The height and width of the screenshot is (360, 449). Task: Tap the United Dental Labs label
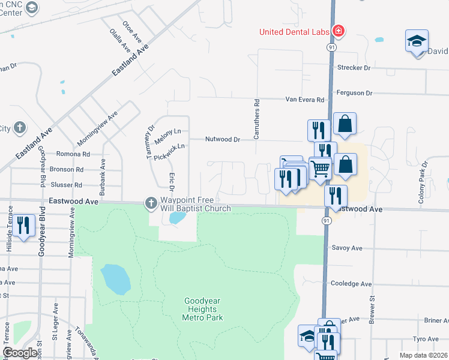tap(295, 32)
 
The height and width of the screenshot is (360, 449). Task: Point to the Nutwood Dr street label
tap(222, 139)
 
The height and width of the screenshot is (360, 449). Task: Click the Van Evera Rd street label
tap(304, 100)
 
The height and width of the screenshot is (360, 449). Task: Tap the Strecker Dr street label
tap(354, 68)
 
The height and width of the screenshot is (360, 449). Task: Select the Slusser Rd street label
tap(66, 185)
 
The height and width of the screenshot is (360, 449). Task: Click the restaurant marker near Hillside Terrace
tap(23, 226)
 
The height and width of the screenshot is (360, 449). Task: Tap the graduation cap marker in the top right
tap(417, 41)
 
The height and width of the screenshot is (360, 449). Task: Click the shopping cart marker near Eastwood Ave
tap(321, 170)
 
